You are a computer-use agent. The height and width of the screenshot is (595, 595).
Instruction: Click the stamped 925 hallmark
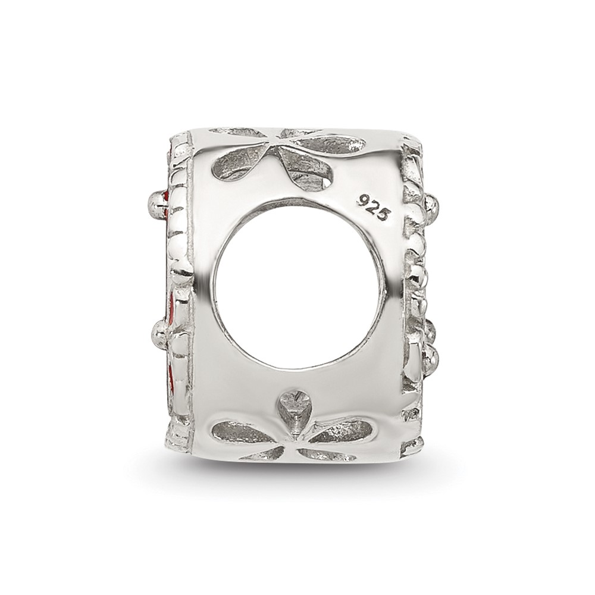[x=373, y=208]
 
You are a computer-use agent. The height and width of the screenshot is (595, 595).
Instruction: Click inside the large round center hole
[x=295, y=283]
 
